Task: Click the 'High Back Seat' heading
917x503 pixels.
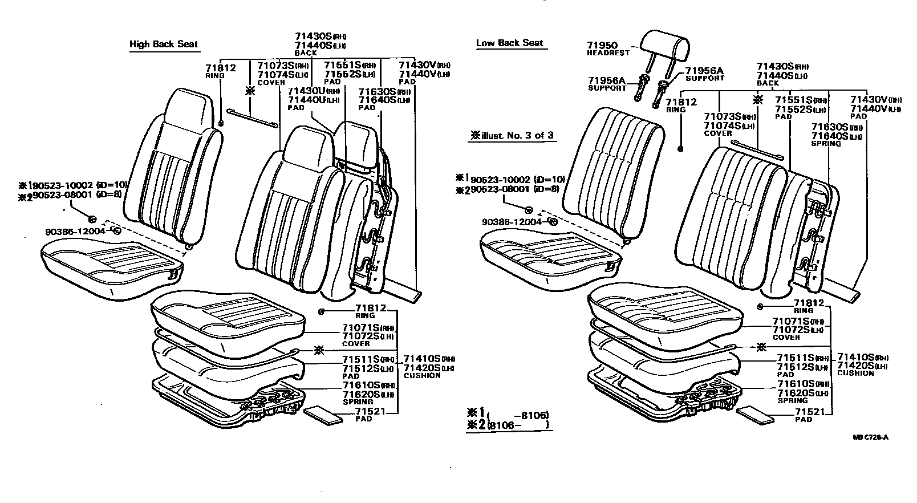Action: click(164, 44)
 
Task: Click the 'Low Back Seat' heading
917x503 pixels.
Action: click(509, 43)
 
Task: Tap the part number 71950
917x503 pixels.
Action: click(602, 44)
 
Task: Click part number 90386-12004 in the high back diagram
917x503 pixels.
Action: click(75, 231)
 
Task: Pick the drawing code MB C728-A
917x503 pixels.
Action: click(871, 437)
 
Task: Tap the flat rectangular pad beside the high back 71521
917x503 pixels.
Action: click(324, 413)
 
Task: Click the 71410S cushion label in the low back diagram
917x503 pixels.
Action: click(854, 358)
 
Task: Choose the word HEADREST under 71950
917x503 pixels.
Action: click(608, 52)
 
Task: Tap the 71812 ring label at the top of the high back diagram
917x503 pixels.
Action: click(220, 68)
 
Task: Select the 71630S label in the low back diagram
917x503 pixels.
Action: click(830, 128)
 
